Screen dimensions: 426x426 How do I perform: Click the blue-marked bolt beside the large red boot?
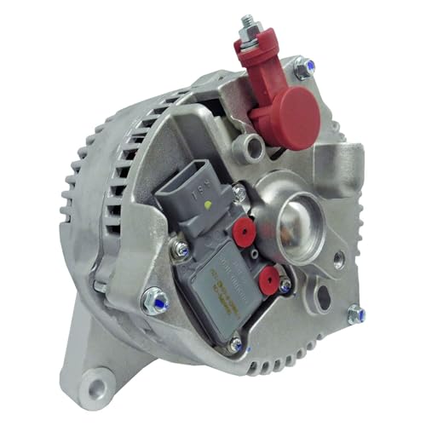[x=303, y=67]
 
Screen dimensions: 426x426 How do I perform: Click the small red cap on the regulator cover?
[x=268, y=280]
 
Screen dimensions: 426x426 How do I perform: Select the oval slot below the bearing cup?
[x=322, y=297]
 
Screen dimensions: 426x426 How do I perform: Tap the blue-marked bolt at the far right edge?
[x=355, y=314]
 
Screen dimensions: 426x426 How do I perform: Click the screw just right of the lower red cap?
[x=285, y=285]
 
